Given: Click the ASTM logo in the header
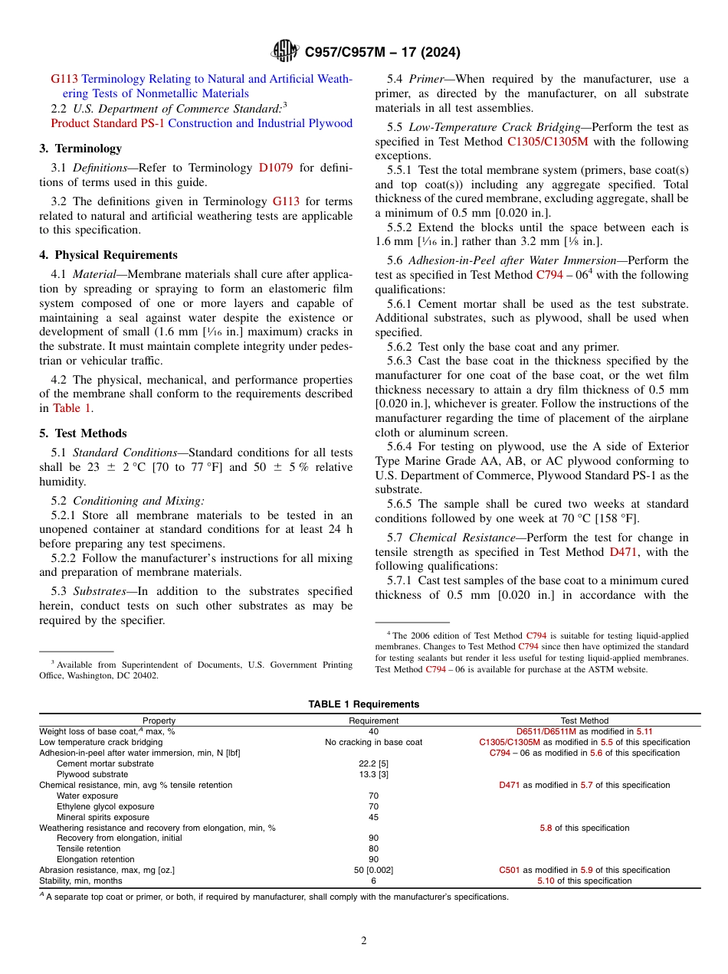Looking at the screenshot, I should click(x=285, y=52).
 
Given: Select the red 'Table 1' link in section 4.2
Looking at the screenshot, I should click(x=71, y=408).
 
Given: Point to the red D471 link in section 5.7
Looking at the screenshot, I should click(x=625, y=552).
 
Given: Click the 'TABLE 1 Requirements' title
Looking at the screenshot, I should click(x=364, y=704).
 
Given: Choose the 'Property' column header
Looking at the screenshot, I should click(x=159, y=721).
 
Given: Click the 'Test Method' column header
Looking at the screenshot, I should click(x=584, y=721).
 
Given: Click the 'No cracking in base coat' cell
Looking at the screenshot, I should click(x=374, y=742).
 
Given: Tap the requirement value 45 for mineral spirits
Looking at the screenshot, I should click(x=374, y=817).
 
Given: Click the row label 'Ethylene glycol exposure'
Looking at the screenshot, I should click(x=105, y=806).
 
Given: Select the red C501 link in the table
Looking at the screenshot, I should click(x=510, y=870).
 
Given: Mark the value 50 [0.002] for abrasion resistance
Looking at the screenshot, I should click(x=374, y=870).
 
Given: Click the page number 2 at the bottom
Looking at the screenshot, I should click(x=364, y=941).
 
